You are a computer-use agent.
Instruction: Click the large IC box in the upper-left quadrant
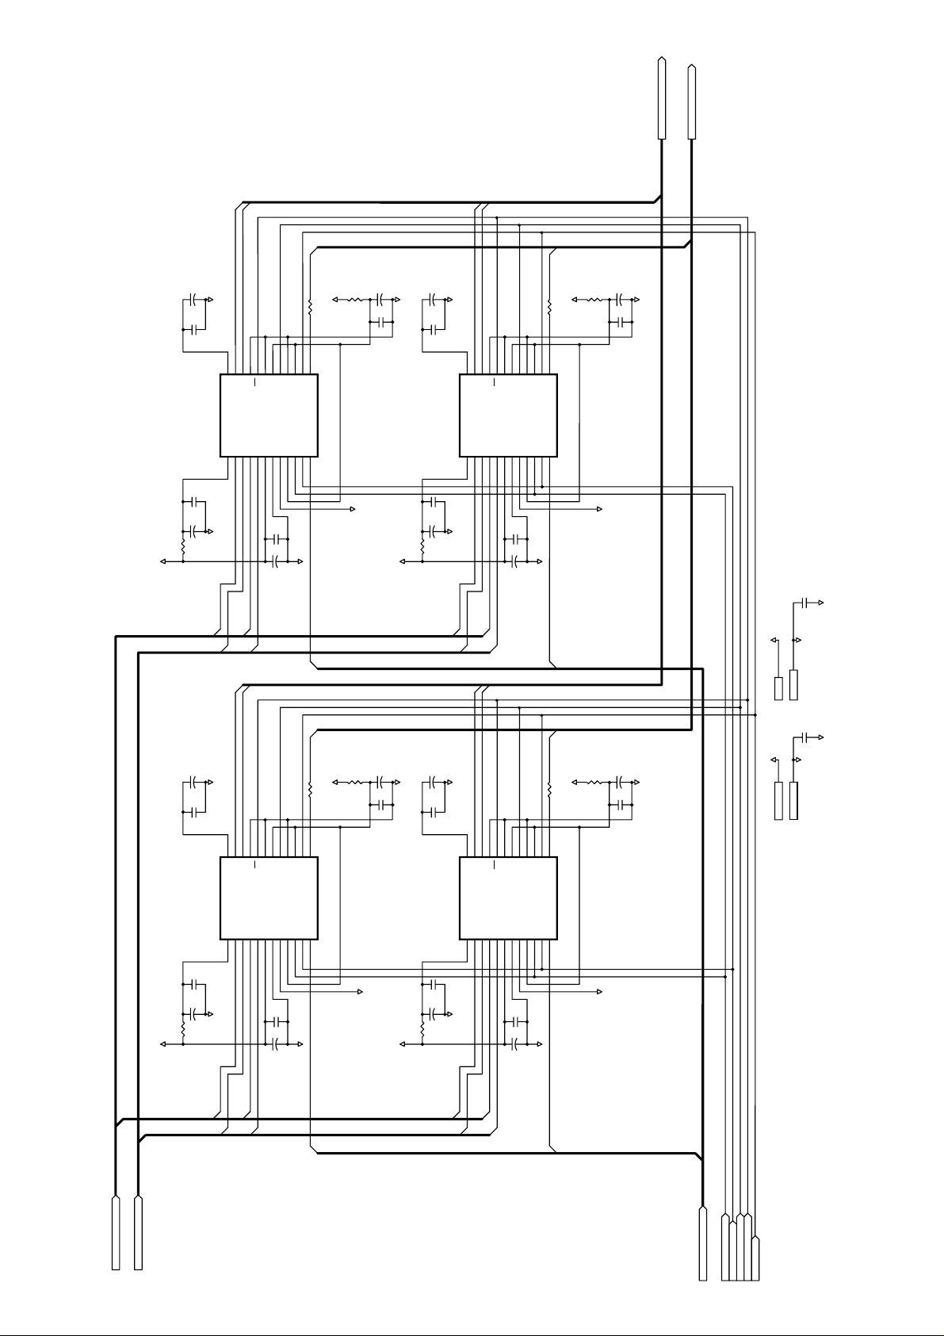[x=269, y=415]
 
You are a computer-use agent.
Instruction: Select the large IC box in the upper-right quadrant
[x=508, y=415]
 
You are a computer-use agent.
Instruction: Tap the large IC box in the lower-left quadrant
[x=269, y=898]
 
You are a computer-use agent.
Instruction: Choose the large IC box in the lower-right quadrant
[x=508, y=898]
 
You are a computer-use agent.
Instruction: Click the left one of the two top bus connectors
[x=661, y=98]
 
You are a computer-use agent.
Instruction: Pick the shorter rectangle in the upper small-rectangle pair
[x=778, y=688]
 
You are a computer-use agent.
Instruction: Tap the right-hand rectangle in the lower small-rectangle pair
[x=793, y=801]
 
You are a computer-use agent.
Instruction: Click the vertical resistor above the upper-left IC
[x=310, y=305]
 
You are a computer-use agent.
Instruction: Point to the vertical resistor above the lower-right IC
[x=549, y=788]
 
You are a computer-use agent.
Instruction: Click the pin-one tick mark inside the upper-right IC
[x=494, y=384]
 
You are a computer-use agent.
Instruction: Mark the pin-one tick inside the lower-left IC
[x=254, y=866]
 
